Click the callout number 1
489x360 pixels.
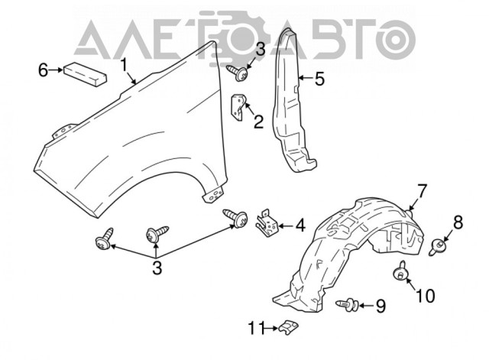pyautogui.click(x=124, y=65)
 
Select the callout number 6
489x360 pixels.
pyautogui.click(x=43, y=70)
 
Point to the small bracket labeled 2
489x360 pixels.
pyautogui.click(x=238, y=108)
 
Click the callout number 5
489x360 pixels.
pyautogui.click(x=319, y=79)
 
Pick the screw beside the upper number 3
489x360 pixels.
pyautogui.click(x=238, y=73)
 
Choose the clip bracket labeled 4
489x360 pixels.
pyautogui.click(x=267, y=223)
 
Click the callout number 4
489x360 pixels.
pyautogui.click(x=300, y=225)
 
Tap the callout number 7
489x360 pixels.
pyautogui.click(x=421, y=191)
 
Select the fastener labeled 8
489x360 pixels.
pyautogui.click(x=436, y=246)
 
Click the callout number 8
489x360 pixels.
pyautogui.click(x=458, y=222)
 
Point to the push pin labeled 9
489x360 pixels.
pyautogui.click(x=347, y=304)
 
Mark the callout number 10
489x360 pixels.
pyautogui.click(x=425, y=296)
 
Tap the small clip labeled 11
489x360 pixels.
pyautogui.click(x=288, y=327)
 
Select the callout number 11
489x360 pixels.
pyautogui.click(x=257, y=328)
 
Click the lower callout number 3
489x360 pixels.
pyautogui.click(x=157, y=268)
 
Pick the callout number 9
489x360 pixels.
pyautogui.click(x=381, y=306)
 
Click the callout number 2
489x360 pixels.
pyautogui.click(x=258, y=122)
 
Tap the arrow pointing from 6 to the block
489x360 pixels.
pyautogui.click(x=56, y=70)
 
